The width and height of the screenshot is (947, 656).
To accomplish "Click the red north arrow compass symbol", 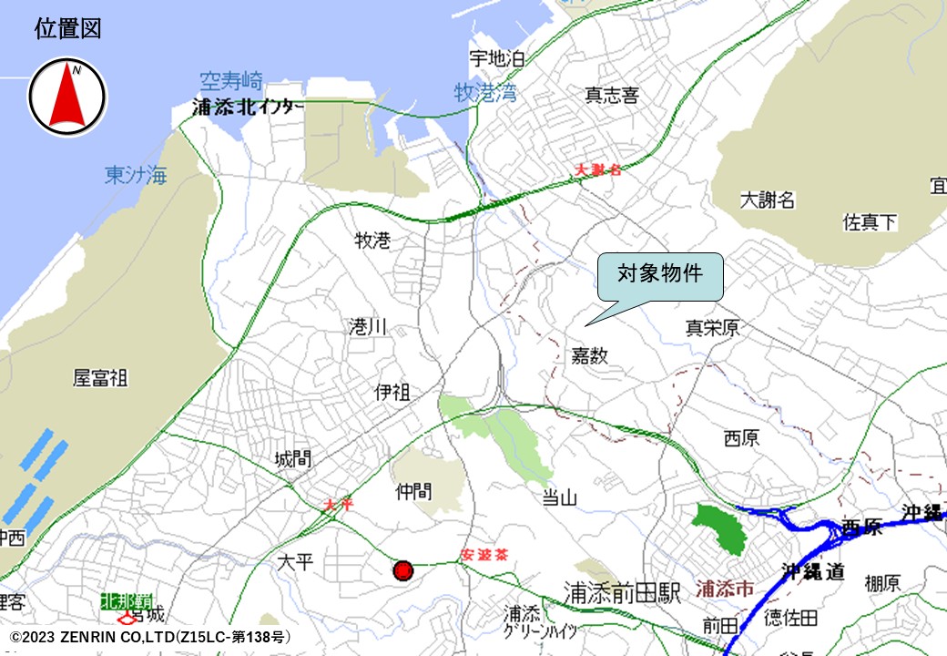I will tap(67, 97).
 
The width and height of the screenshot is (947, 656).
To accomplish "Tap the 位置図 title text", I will tap(67, 29).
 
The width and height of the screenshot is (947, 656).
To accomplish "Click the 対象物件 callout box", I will tap(660, 276).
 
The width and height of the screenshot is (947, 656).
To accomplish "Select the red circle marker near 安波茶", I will tap(403, 571).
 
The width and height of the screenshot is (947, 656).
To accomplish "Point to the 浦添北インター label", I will tap(249, 108).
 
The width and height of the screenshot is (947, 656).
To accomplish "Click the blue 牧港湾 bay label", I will tap(485, 92).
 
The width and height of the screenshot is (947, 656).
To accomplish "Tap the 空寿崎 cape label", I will tap(231, 80).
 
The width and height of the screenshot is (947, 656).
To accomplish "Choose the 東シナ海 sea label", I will tap(136, 175).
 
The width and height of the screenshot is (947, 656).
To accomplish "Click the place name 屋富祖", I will tap(100, 377).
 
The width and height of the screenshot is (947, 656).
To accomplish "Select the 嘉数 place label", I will tap(589, 354).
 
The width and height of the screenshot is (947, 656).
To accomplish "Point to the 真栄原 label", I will tap(712, 328).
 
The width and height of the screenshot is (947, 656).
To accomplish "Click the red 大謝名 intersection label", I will tap(598, 169).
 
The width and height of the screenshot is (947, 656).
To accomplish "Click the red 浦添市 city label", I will tap(724, 589).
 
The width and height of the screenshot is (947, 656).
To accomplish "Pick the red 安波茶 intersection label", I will tap(484, 554).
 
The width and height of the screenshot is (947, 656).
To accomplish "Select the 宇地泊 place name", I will tap(497, 59).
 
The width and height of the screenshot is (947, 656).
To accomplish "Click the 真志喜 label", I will tap(612, 95).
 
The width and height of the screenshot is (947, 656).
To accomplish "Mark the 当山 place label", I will tap(560, 497).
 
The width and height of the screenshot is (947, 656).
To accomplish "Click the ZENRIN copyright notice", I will tap(149, 636).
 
